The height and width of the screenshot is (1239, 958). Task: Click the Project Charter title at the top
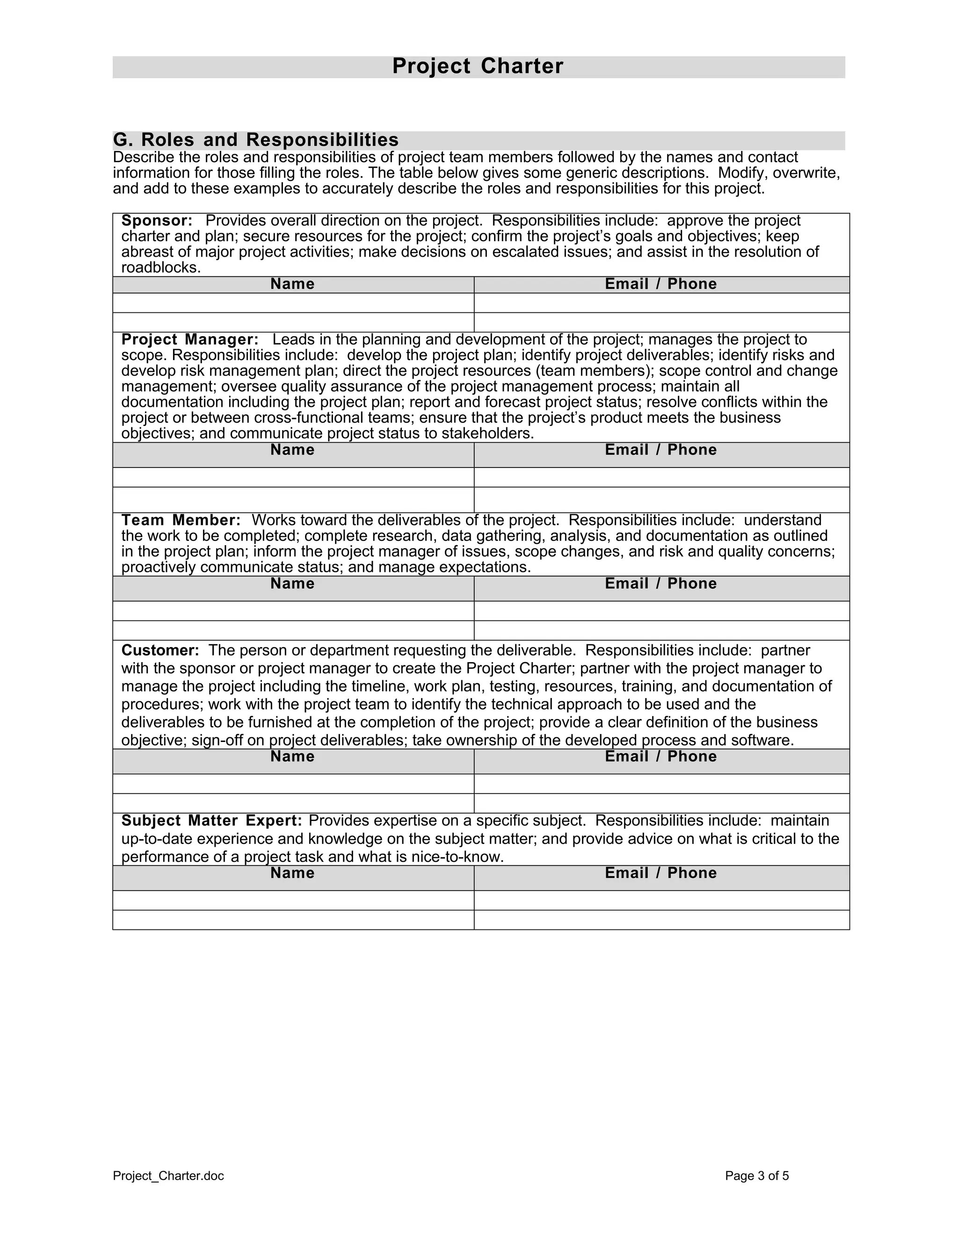coord(478,66)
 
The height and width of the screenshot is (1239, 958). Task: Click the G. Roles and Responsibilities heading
coord(255,139)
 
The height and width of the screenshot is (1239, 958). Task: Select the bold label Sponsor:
coord(157,221)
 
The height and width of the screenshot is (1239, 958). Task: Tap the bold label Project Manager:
coord(189,340)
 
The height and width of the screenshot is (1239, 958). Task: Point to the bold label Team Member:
coord(181,520)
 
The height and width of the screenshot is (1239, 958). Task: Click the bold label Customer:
coord(160,650)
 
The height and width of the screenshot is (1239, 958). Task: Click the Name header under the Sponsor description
coord(292,284)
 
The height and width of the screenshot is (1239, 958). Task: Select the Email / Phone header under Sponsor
coord(660,284)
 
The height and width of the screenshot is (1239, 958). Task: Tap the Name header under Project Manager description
coord(292,450)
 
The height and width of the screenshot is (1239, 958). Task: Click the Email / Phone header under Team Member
coord(660,584)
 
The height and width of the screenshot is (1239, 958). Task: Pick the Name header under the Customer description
coord(292,756)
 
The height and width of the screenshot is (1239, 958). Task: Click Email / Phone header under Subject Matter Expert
coord(660,873)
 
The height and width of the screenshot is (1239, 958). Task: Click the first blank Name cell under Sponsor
coord(293,303)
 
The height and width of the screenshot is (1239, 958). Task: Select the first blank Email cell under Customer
coord(661,784)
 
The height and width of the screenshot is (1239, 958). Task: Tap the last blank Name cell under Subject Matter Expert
coord(293,920)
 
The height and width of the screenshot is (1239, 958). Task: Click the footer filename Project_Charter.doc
coord(168,1176)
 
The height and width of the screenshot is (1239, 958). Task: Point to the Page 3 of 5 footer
coord(756,1176)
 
